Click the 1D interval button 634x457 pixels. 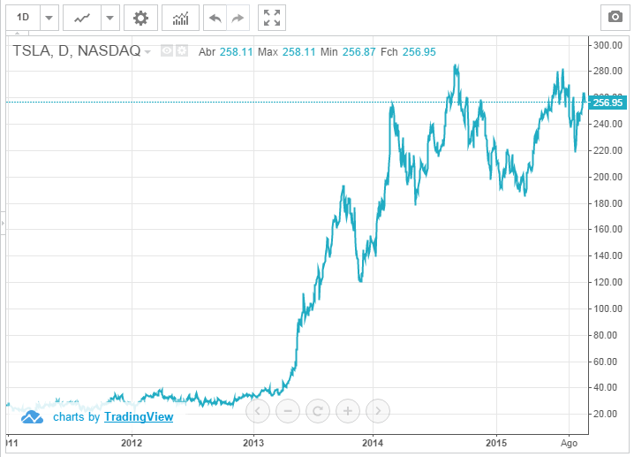click(24, 17)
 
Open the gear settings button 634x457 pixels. click(140, 17)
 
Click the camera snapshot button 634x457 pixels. click(613, 17)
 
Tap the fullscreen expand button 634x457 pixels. click(272, 17)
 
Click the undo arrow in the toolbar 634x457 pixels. click(214, 17)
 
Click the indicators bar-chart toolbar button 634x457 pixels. click(180, 17)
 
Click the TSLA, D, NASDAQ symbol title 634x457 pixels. click(76, 51)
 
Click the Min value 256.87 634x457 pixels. click(359, 52)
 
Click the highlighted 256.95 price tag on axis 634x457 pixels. click(608, 103)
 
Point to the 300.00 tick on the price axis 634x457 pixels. click(608, 44)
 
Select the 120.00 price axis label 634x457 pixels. click(608, 282)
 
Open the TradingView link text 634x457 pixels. click(138, 416)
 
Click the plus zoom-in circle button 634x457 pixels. click(348, 410)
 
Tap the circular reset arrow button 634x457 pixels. click(318, 410)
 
